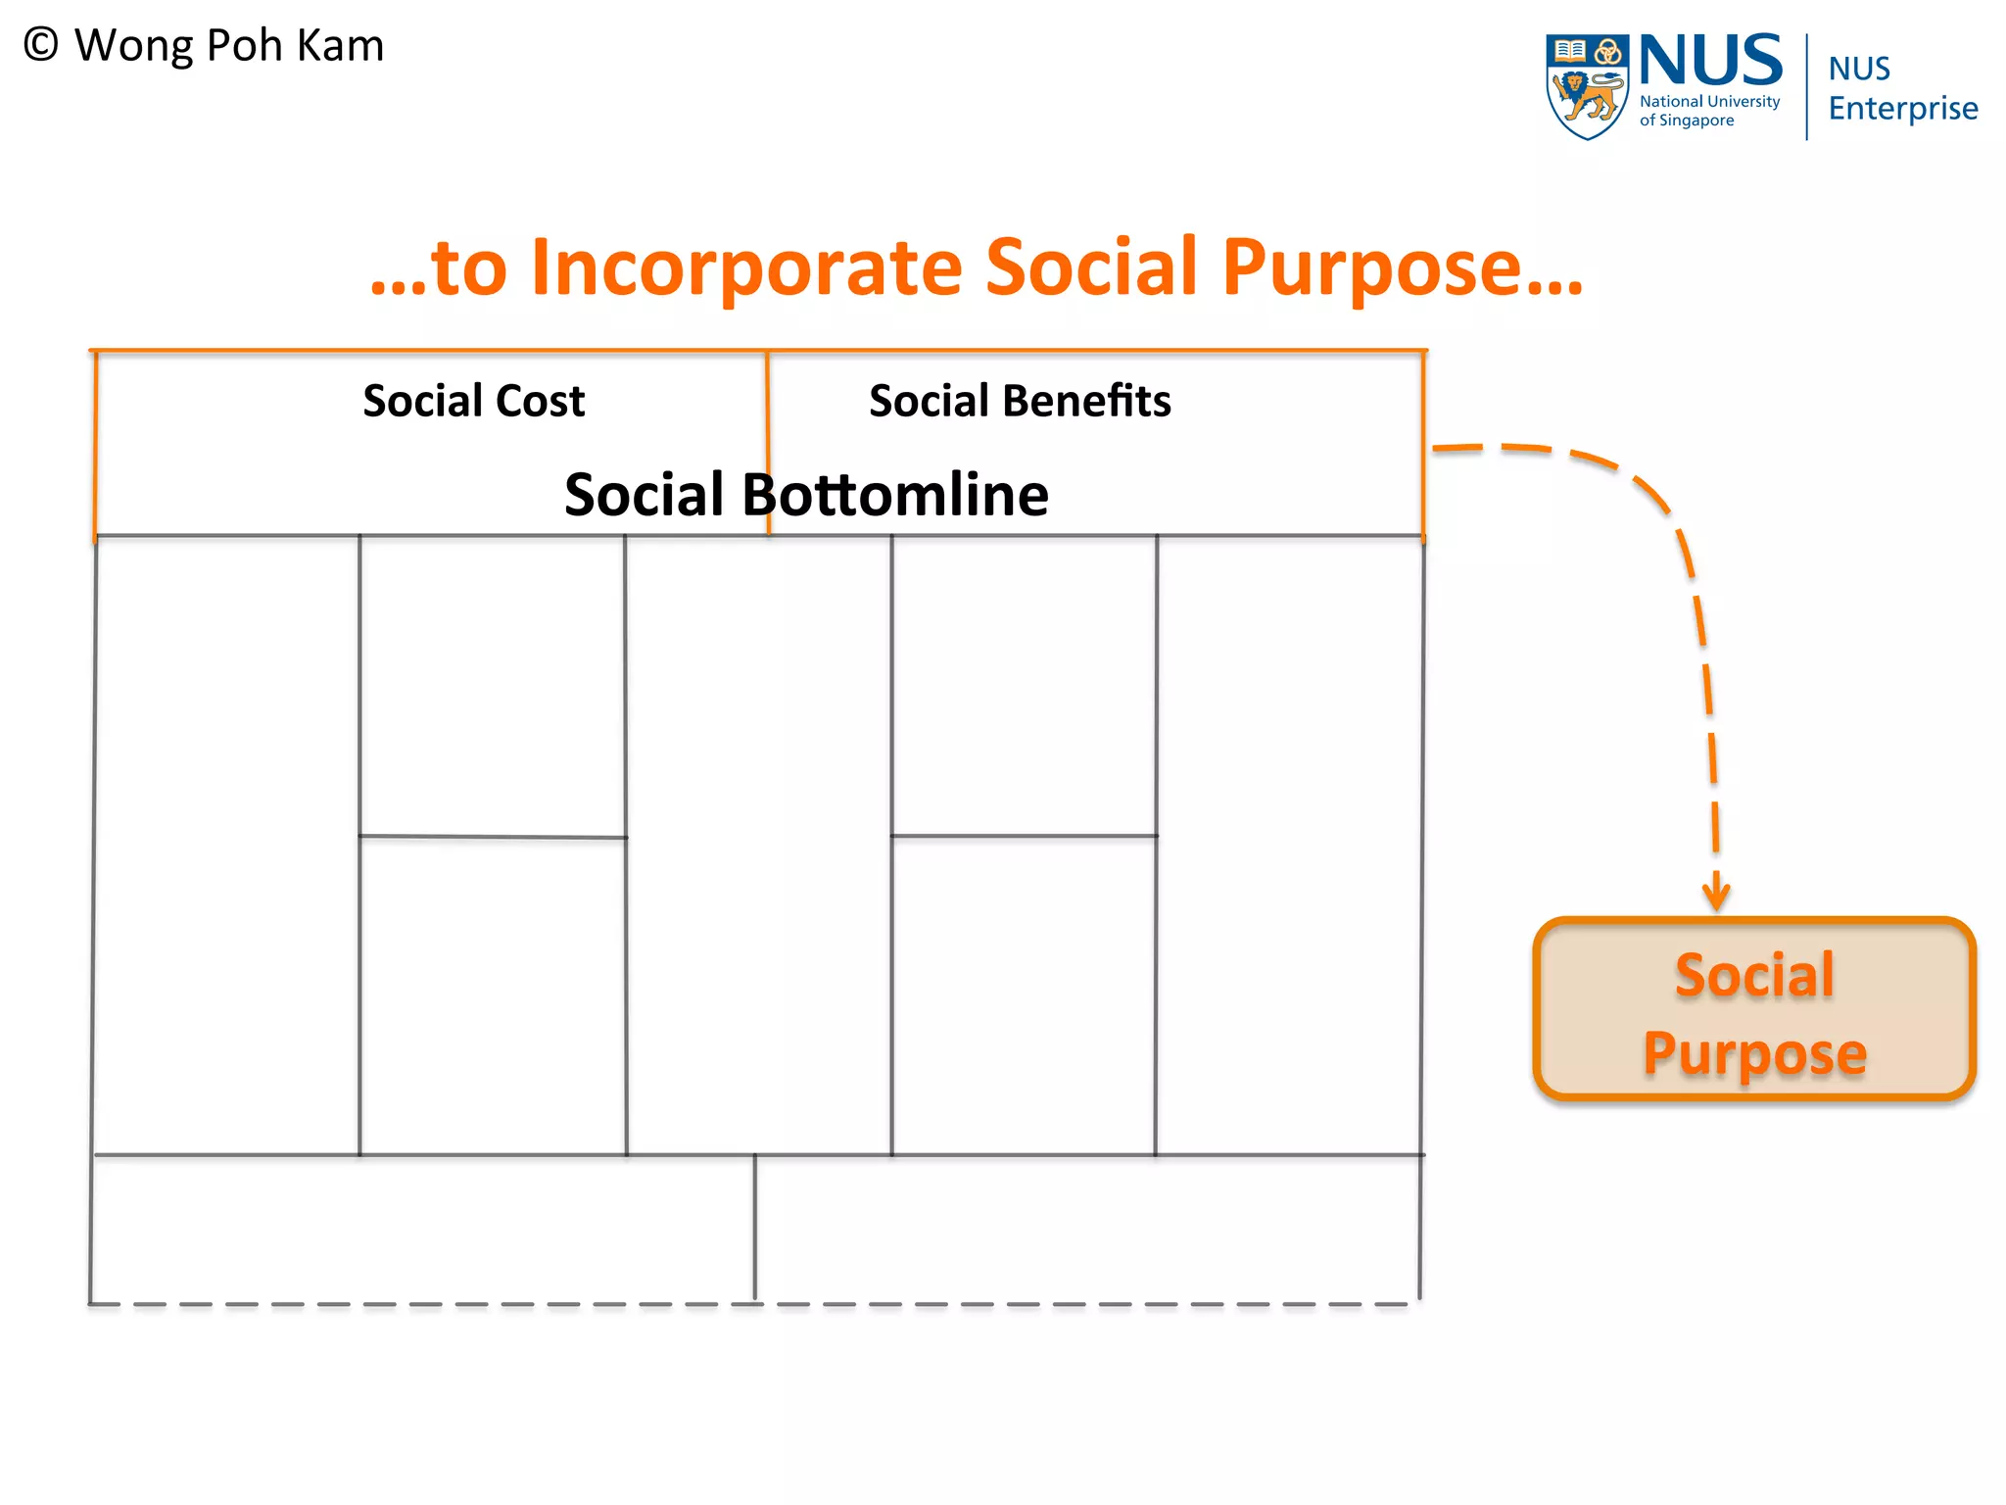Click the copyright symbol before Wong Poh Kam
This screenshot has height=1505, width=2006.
41,45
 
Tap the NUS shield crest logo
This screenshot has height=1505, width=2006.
1587,86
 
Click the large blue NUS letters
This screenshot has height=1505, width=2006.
1710,61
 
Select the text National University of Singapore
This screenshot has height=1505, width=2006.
1709,111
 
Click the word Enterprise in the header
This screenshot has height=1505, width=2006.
1902,108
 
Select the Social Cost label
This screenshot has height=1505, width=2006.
473,401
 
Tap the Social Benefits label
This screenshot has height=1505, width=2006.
1020,401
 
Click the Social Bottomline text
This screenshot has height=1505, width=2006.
806,494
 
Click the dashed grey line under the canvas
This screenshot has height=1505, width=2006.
588,1304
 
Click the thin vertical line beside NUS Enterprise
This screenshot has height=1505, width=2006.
1807,86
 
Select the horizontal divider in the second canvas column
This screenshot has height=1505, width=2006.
493,837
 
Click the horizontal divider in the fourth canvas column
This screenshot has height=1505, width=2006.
1025,836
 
